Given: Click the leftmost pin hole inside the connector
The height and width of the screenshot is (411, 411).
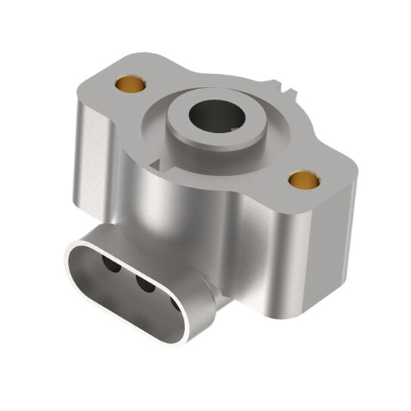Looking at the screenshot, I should (x=109, y=266).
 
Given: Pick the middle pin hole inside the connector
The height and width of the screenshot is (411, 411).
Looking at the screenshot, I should (x=144, y=284).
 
